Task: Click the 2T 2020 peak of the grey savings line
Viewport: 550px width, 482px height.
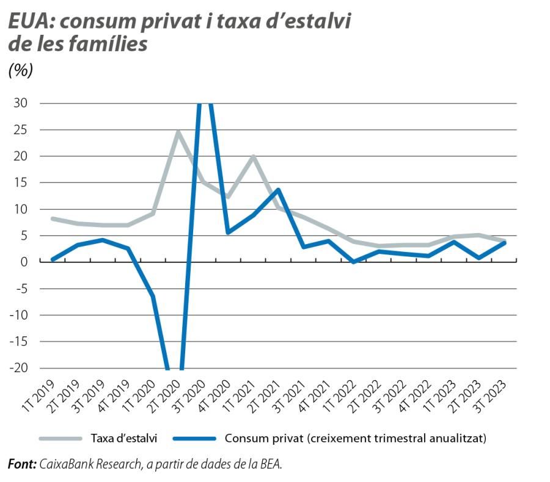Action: click(178, 132)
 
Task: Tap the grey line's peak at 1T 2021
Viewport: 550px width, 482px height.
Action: click(253, 157)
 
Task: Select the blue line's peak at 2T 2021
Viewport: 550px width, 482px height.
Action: click(278, 190)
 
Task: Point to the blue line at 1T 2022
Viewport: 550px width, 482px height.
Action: click(353, 261)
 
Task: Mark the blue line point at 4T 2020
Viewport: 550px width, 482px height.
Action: click(228, 232)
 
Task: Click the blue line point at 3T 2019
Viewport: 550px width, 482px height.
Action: click(103, 240)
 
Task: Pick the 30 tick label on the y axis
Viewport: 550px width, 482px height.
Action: click(20, 103)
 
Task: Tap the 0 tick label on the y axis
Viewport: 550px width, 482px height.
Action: click(24, 262)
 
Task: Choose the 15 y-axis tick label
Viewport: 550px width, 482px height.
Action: click(20, 182)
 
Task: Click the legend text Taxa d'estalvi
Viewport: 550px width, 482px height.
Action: click(124, 438)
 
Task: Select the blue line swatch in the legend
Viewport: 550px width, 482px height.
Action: click(194, 438)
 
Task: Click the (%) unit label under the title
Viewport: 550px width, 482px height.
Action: click(20, 70)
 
